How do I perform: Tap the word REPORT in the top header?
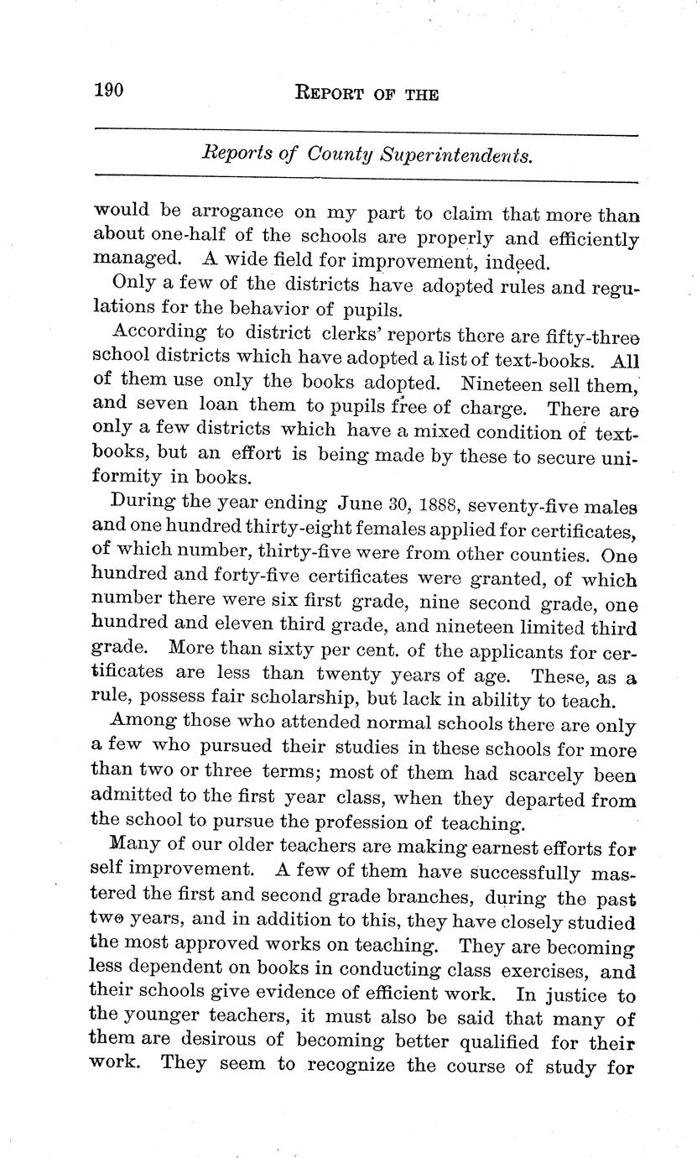coord(333,94)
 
